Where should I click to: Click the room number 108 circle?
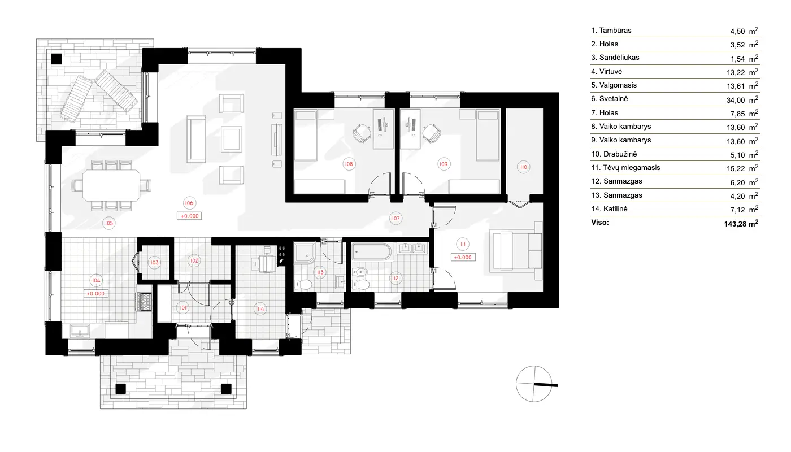[349, 164]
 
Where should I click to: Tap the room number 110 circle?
[523, 167]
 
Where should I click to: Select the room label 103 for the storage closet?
[155, 262]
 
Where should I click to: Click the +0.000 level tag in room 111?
[463, 257]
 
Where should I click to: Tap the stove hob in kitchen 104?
[145, 302]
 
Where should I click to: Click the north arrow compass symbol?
[533, 384]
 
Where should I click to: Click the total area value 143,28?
[741, 223]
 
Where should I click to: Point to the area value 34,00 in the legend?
[734, 99]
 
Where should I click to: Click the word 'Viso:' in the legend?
[600, 223]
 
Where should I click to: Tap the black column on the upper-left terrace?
[56, 58]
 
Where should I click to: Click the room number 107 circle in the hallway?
[395, 218]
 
